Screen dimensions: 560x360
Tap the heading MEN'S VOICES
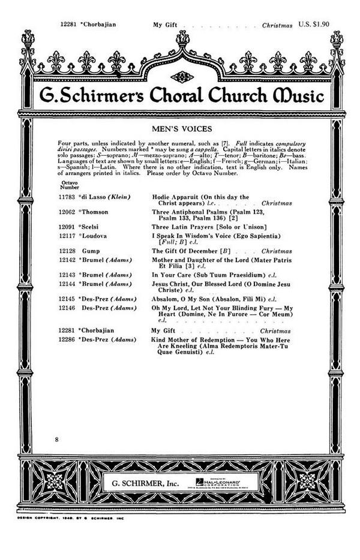point(179,128)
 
